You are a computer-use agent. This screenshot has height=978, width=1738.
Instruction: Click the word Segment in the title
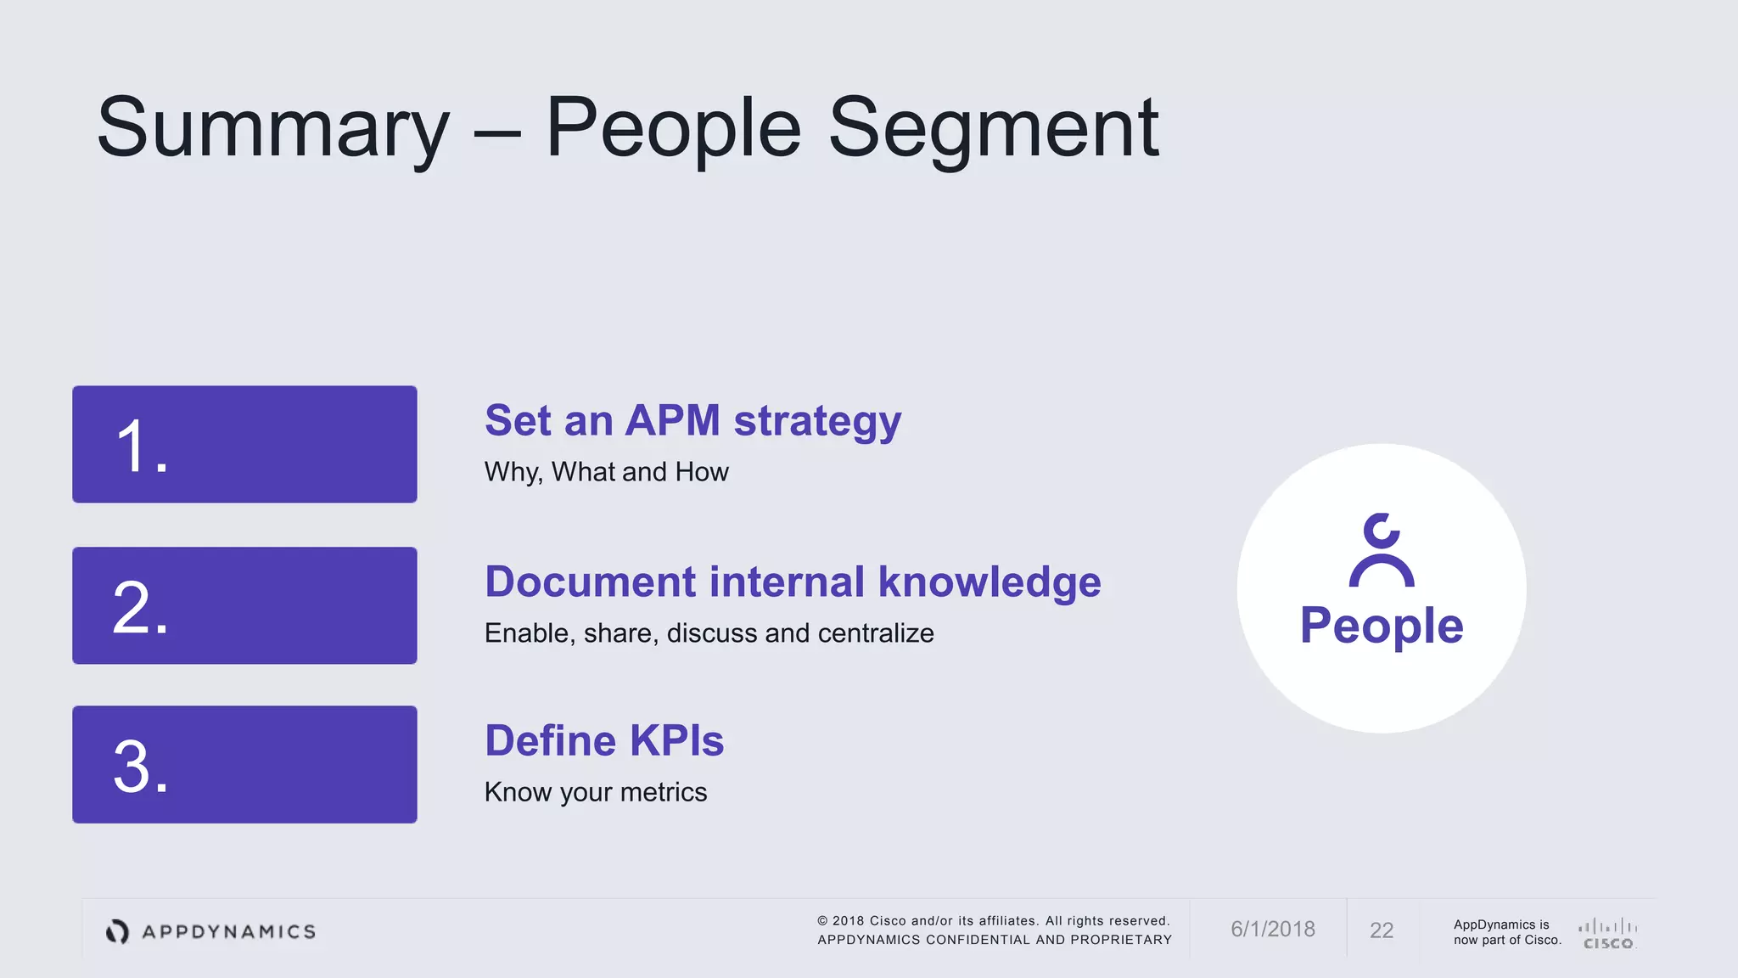pos(993,129)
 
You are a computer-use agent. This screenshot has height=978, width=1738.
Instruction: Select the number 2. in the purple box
pos(141,608)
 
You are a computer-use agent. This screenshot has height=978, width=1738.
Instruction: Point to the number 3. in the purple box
pos(141,767)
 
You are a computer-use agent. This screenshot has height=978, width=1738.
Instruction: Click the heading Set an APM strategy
pos(692,421)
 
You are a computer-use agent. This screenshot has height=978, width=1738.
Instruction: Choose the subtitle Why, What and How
pos(606,472)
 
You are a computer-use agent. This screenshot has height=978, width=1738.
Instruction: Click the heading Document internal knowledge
pos(793,582)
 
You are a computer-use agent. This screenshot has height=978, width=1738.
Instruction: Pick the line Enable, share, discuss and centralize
pos(709,633)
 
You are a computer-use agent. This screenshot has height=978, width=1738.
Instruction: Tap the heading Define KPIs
pos(604,741)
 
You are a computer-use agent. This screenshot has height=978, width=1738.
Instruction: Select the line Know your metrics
pos(595,792)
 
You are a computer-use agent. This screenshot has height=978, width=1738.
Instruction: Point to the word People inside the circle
pos(1382,627)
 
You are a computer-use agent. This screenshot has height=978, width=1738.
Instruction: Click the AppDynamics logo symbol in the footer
pos(117,931)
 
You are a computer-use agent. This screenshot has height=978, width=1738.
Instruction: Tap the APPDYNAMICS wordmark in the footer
pos(228,932)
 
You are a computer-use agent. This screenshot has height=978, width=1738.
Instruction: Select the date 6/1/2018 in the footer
pos(1273,930)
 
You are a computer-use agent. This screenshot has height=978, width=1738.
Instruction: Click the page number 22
pos(1382,930)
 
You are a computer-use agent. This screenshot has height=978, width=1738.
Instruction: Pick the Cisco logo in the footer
pos(1608,933)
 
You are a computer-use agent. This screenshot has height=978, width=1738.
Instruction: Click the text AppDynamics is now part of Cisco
pos(1507,932)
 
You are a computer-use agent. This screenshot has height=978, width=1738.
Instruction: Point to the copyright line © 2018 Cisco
pos(994,921)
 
